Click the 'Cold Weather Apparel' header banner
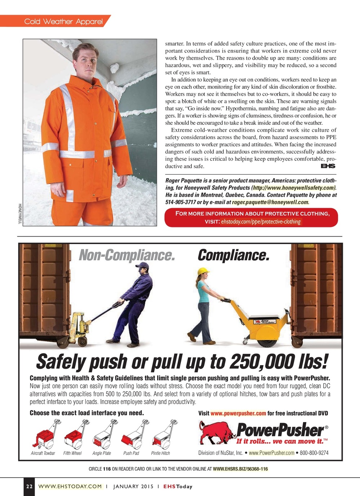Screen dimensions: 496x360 (x=63, y=22)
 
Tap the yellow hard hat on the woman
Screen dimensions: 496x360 (x=204, y=271)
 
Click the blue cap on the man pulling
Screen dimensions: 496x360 (x=142, y=266)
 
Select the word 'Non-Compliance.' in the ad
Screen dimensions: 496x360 (x=127, y=255)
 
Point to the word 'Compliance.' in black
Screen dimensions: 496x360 (x=233, y=255)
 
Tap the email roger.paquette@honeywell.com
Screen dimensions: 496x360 (x=271, y=202)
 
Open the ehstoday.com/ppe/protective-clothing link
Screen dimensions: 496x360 (x=261, y=221)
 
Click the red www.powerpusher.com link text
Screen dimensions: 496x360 (x=238, y=413)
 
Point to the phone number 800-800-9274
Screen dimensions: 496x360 (x=314, y=453)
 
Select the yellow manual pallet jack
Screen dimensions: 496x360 (x=79, y=326)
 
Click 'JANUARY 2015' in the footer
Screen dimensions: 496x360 (x=133, y=486)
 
